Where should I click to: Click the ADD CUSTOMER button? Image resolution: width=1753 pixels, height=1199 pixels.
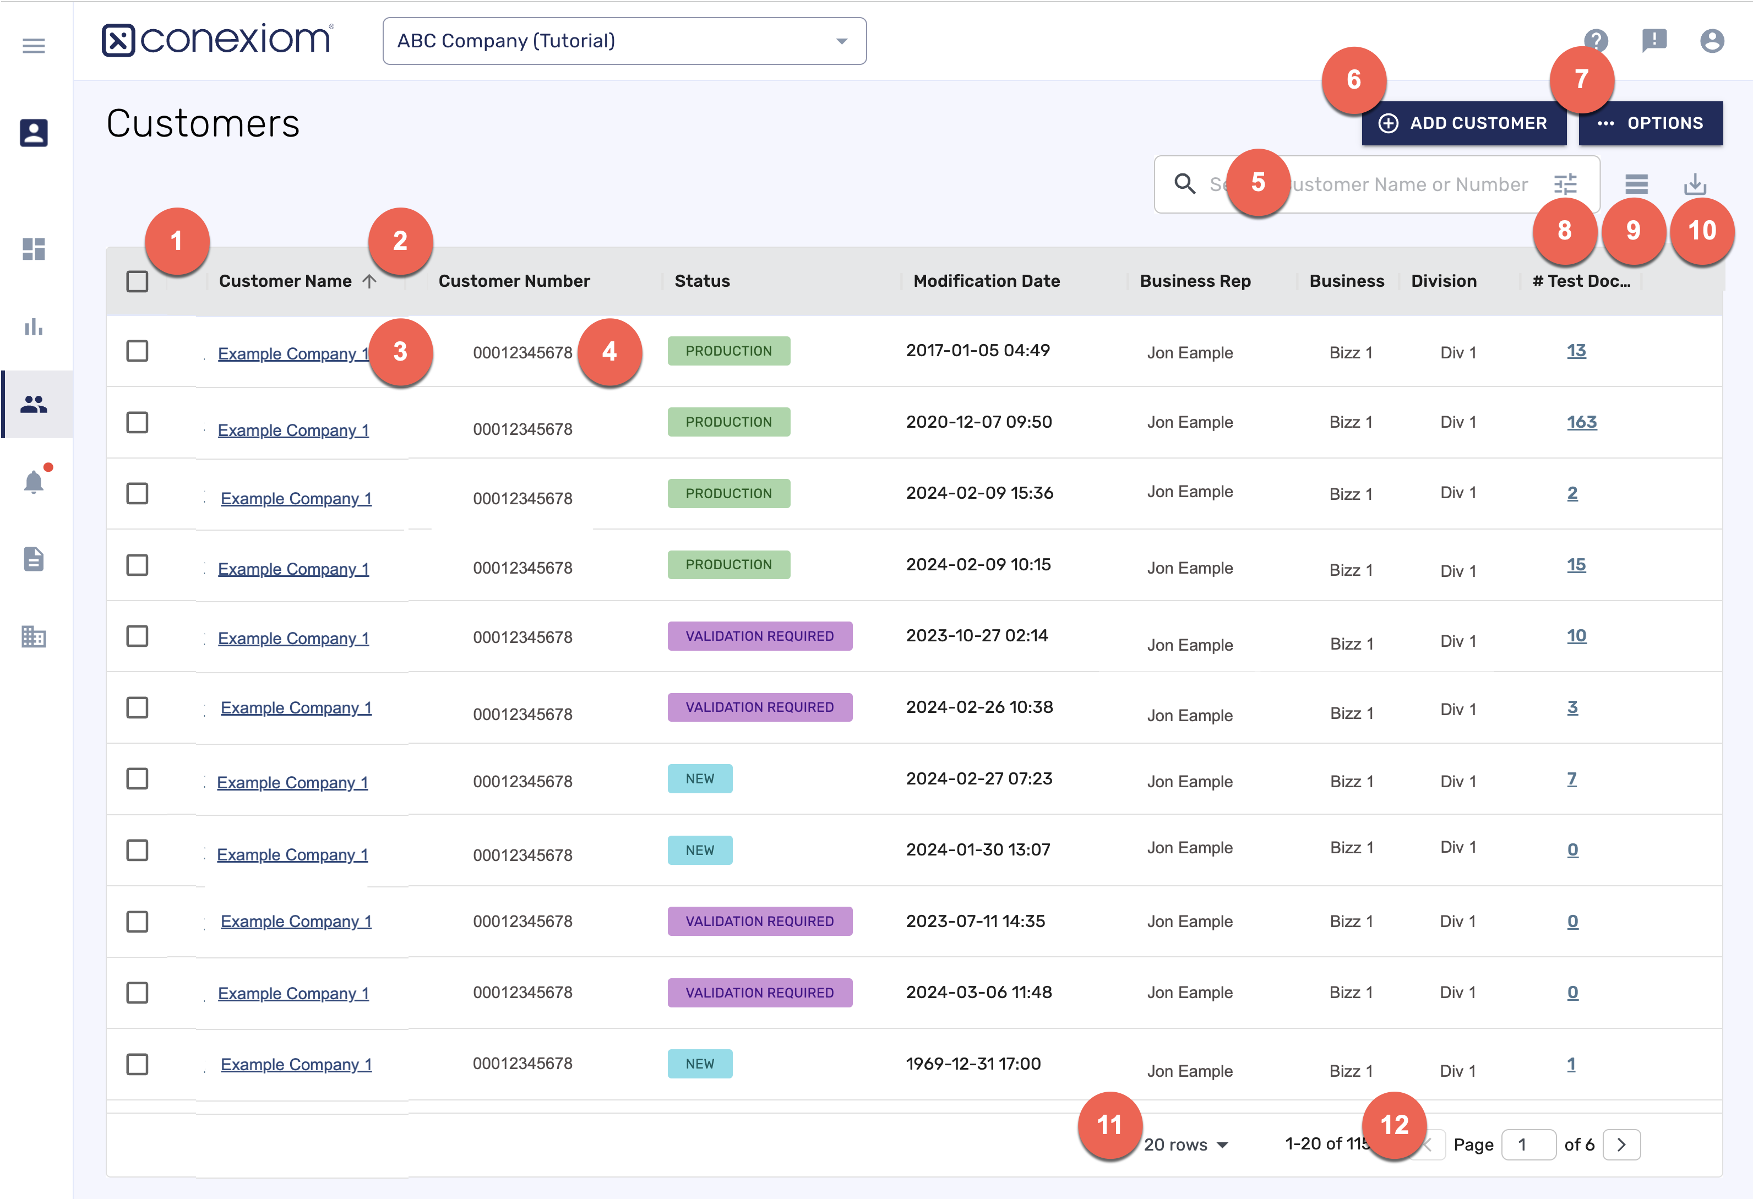coord(1463,123)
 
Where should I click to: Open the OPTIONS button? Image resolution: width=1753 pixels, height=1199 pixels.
coord(1651,123)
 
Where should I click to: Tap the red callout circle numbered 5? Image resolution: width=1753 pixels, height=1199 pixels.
coord(1257,182)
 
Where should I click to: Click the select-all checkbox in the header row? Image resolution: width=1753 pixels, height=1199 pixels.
coord(137,281)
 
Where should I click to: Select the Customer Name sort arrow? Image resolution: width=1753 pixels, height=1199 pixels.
coord(369,281)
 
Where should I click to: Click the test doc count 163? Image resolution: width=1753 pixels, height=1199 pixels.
coord(1581,422)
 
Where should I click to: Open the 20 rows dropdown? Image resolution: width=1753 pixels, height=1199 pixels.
coord(1186,1144)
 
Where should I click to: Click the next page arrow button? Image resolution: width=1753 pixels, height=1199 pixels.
coord(1621,1144)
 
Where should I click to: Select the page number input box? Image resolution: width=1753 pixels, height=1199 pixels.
coord(1527,1144)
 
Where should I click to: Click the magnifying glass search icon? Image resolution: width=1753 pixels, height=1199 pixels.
coord(1185,184)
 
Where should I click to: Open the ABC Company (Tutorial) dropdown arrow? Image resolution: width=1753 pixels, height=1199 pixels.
coord(842,41)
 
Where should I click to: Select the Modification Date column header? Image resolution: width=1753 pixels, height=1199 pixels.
coord(987,281)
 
